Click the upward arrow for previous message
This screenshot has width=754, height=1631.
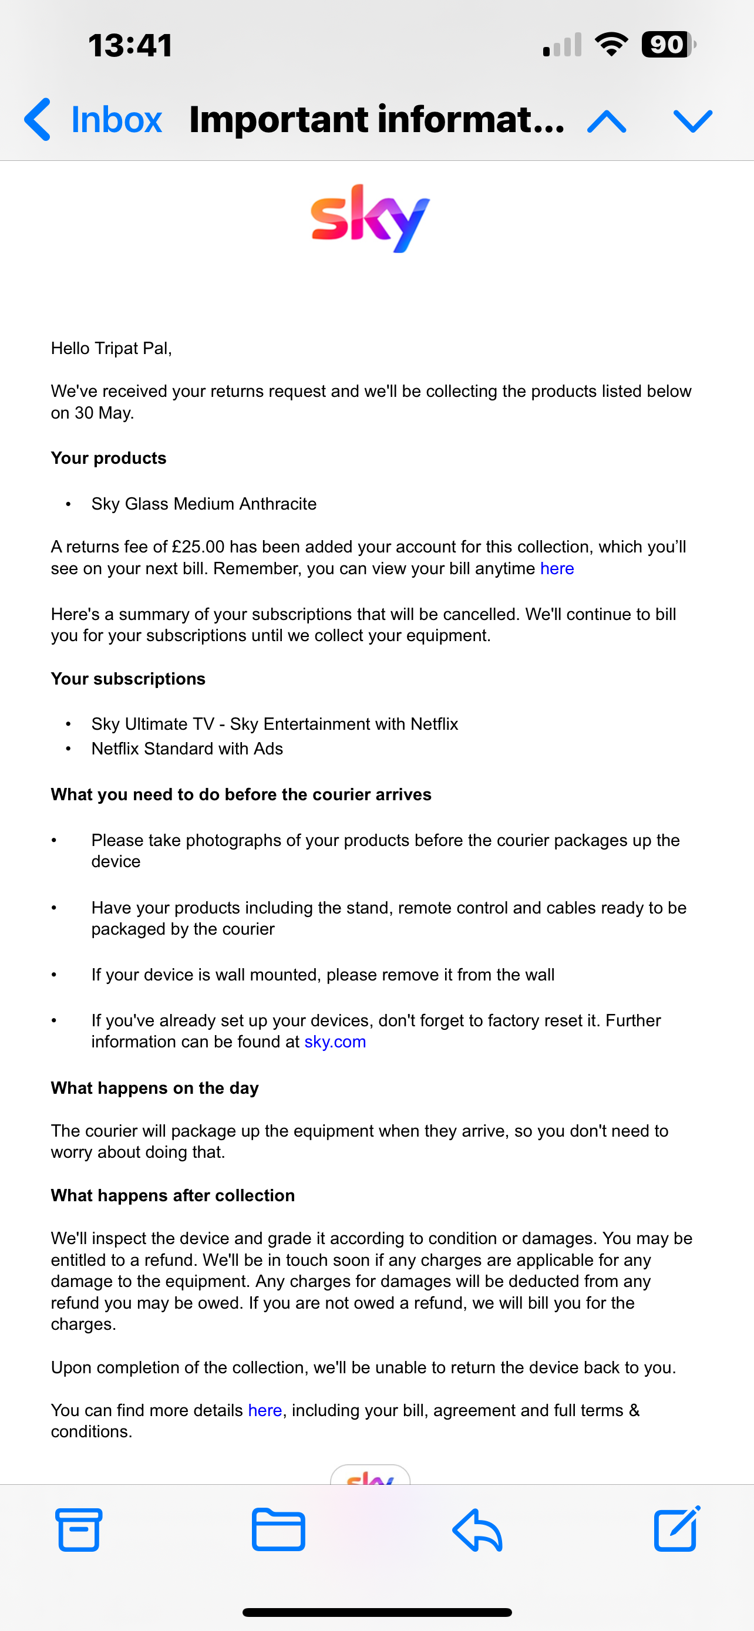click(x=607, y=120)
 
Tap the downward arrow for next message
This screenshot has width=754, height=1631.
click(x=692, y=120)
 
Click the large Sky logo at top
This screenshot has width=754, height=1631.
click(x=371, y=218)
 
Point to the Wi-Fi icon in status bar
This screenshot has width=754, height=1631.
click(x=611, y=44)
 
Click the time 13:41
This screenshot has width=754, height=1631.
click(x=130, y=46)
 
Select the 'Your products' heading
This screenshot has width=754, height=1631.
click(x=109, y=458)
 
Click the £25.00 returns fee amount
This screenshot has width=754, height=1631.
click(x=197, y=547)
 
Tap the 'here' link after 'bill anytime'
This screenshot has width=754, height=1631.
click(x=557, y=568)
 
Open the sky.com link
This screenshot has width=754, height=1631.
click(x=335, y=1042)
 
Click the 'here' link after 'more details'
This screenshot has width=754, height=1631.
click(x=265, y=1410)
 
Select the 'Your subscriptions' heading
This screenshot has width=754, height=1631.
click(x=129, y=679)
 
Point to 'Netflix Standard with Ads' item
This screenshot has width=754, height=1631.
click(x=187, y=749)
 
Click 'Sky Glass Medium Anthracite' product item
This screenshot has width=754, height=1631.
click(x=204, y=503)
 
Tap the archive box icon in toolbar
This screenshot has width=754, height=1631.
click(x=79, y=1529)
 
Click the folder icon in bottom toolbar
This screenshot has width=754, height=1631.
click(x=278, y=1529)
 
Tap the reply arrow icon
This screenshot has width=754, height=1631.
click(x=477, y=1529)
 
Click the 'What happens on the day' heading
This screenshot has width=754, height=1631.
click(x=155, y=1088)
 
